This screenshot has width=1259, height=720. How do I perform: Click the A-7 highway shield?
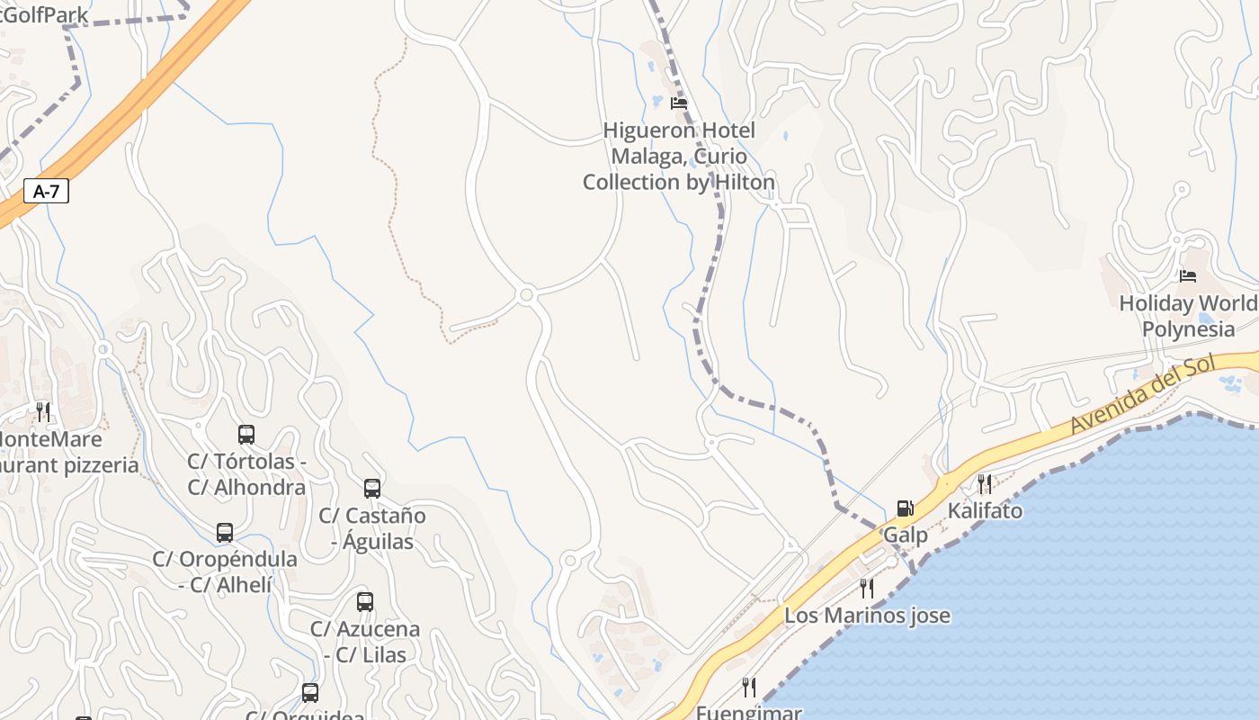(46, 191)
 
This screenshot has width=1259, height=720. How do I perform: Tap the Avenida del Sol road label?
(1142, 395)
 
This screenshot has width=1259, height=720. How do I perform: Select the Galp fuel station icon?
(905, 508)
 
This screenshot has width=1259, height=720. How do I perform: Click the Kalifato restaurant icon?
(985, 484)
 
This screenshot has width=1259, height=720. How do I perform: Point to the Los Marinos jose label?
(867, 616)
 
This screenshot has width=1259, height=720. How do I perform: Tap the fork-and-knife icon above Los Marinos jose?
(867, 589)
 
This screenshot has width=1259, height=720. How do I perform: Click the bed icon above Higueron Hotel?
(679, 103)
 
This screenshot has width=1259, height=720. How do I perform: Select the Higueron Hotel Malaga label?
(679, 157)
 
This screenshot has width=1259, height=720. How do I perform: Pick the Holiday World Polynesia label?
(1188, 316)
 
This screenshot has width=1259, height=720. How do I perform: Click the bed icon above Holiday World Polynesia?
(1188, 275)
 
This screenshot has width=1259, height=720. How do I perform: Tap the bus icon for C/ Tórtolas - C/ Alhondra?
(246, 435)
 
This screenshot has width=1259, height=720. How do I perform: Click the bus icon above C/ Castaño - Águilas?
(372, 489)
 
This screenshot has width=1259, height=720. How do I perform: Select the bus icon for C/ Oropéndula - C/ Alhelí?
(225, 533)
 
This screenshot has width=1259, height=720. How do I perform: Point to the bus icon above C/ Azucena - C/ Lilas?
(365, 602)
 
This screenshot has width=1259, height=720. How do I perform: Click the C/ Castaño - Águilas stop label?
(372, 528)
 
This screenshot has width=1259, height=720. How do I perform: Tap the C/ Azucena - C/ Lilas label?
(365, 642)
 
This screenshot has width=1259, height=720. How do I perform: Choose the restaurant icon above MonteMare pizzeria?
(43, 412)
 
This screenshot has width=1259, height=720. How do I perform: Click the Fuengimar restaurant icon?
(749, 688)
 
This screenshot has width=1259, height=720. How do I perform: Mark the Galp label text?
(905, 535)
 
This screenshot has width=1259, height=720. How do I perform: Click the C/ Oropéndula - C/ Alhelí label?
(225, 571)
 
